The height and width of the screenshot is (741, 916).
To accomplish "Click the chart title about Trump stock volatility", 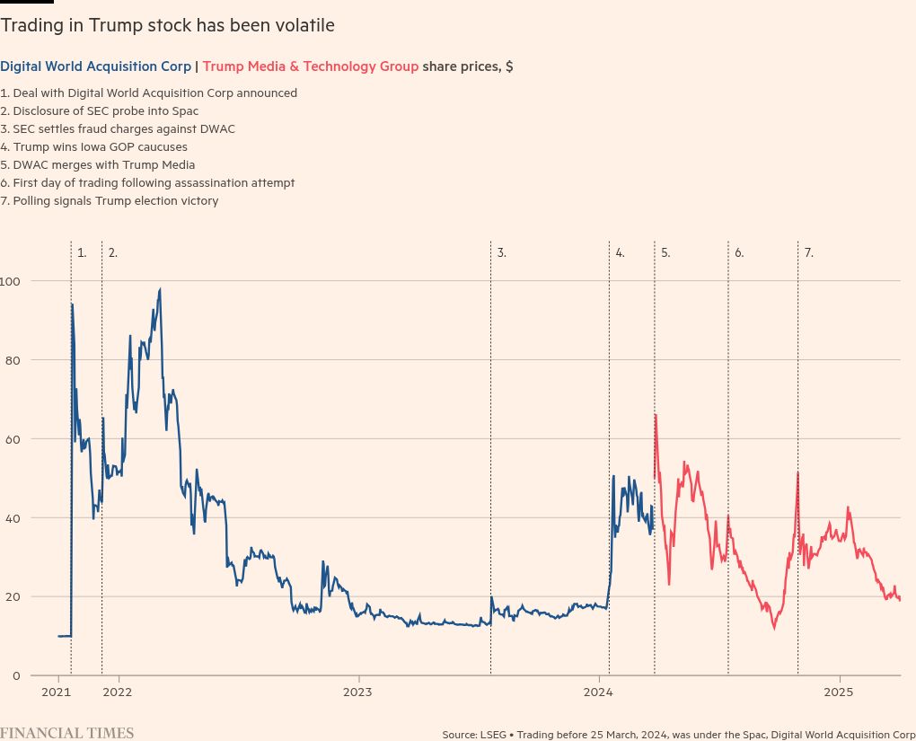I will [167, 26].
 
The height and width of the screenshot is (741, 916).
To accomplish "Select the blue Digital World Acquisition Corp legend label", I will [95, 66].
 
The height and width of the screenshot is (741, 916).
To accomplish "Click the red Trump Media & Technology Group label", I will [311, 66].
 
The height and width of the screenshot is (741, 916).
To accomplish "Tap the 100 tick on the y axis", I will [11, 281].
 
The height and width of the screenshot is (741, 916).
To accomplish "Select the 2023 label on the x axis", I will [357, 692].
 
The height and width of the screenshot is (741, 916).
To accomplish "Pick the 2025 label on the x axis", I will [839, 692].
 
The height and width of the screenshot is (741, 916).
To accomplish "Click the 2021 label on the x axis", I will [57, 692].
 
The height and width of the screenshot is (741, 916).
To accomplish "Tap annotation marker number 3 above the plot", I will [502, 253].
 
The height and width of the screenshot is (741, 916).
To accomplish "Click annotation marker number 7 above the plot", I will [808, 253].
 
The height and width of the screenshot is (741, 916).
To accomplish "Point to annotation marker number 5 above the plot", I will [665, 253].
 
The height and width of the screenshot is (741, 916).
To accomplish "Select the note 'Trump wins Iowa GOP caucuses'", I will [94, 147].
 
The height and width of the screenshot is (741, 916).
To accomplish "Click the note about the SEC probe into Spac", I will [100, 111].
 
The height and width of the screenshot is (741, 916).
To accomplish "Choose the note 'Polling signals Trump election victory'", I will [110, 201].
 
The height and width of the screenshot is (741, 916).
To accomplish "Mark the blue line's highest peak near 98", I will [160, 289].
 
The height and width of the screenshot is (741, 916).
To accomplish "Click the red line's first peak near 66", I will [656, 415].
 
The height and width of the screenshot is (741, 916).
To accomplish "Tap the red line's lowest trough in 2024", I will [774, 628].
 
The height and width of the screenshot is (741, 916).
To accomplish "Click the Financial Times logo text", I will [67, 733].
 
